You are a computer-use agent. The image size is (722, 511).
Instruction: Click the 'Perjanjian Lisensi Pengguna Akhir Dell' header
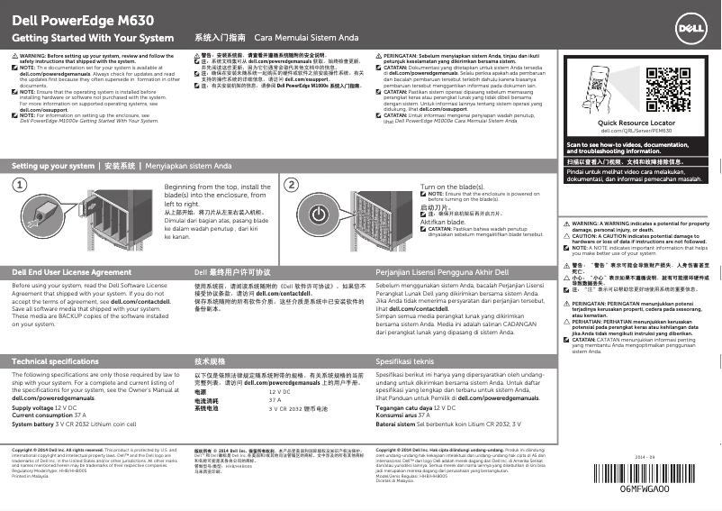point(442,270)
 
